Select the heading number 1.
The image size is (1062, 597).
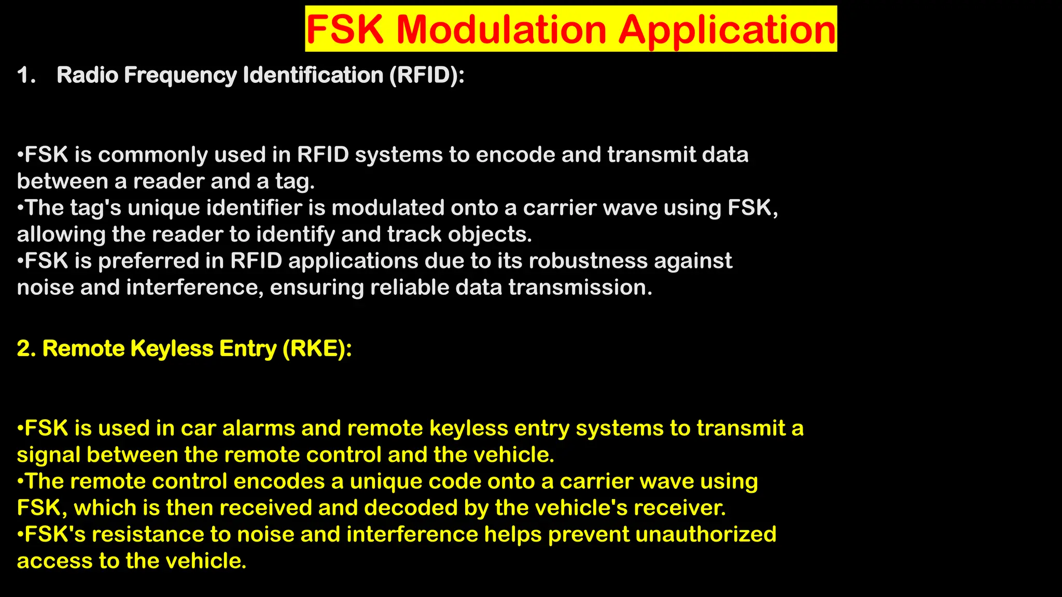[x=26, y=76]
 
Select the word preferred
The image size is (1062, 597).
[x=148, y=261]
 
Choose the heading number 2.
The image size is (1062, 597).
[x=26, y=349]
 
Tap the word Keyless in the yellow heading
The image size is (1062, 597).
[x=172, y=349]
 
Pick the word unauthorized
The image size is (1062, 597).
[x=706, y=535]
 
